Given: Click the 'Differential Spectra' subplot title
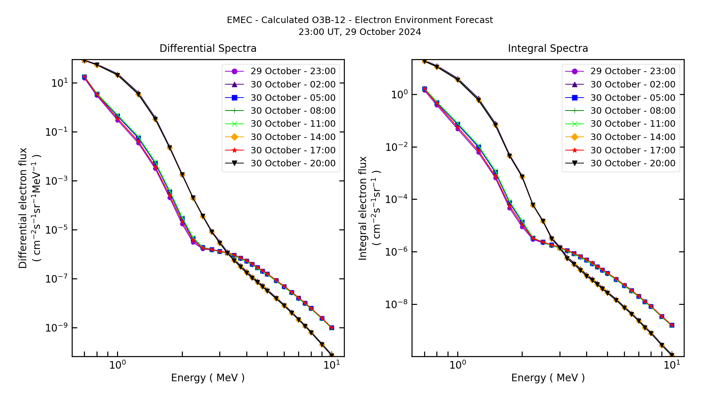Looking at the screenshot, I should pyautogui.click(x=208, y=49).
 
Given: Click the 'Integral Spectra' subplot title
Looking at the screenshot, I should pyautogui.click(x=548, y=49).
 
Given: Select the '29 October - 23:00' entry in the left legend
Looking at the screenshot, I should pyautogui.click(x=293, y=71).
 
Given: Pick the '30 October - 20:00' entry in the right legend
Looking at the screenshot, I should pyautogui.click(x=633, y=163).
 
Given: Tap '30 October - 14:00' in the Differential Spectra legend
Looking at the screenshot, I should pyautogui.click(x=293, y=137).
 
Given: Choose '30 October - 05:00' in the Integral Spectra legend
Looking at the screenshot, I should pyautogui.click(x=633, y=98).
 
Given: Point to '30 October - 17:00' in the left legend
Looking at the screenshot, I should pyautogui.click(x=293, y=150).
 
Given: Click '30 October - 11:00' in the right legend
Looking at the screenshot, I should pyautogui.click(x=633, y=124).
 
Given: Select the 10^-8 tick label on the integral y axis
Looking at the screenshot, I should pyautogui.click(x=396, y=305).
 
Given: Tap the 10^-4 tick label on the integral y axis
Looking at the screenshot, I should pyautogui.click(x=396, y=199).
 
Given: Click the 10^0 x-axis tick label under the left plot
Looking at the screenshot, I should pyautogui.click(x=117, y=365).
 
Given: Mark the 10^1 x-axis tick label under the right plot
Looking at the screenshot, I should pyautogui.click(x=672, y=365).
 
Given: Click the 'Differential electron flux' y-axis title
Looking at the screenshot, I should pyautogui.click(x=23, y=208).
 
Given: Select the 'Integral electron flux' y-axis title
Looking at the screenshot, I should pyautogui.click(x=363, y=208).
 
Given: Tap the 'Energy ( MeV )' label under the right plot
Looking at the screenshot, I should pyautogui.click(x=548, y=378).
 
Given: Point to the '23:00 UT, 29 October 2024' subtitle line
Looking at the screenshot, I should pyautogui.click(x=360, y=32).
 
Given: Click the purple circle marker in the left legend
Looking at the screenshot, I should pyautogui.click(x=234, y=71).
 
